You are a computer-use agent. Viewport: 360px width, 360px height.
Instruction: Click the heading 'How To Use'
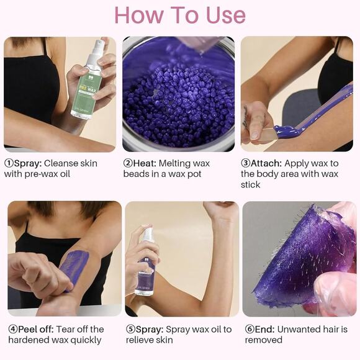[x=180, y=15]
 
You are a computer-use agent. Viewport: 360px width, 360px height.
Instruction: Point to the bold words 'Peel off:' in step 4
[x=37, y=329]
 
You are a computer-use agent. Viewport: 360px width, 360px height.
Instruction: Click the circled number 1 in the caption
[x=8, y=163]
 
